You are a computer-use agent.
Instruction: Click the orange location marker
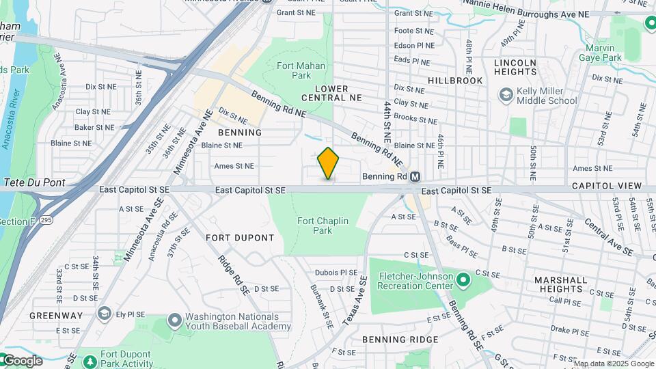coord(329,163)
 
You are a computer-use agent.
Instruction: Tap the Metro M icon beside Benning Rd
coord(414,177)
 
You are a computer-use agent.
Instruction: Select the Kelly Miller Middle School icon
coord(506,94)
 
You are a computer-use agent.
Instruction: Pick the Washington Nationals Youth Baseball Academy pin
coord(174,320)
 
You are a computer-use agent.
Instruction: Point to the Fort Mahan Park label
coord(301,70)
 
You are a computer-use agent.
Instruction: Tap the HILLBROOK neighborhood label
coord(455,81)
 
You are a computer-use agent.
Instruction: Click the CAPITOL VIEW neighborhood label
coord(607,186)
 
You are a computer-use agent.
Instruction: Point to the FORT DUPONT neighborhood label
coord(240,238)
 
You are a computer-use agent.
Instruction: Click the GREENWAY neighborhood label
coord(56,316)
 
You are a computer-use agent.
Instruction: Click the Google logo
coord(22,361)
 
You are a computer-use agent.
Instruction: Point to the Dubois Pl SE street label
coord(336,272)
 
